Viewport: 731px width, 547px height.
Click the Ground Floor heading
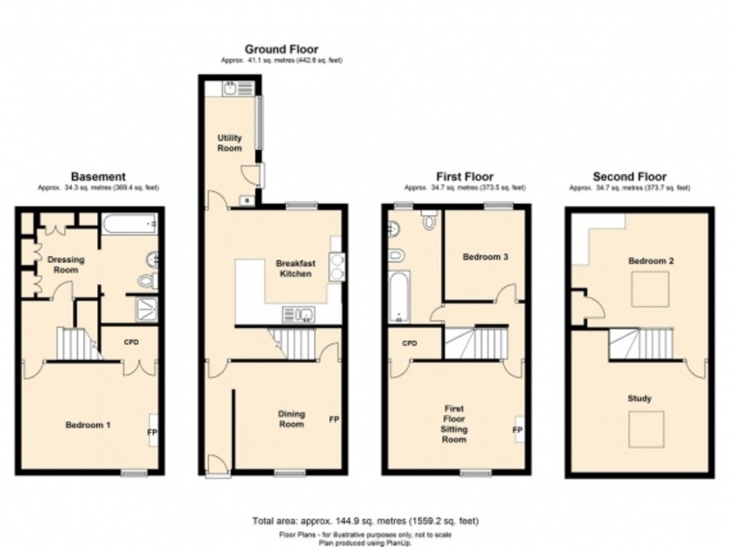pos(281,49)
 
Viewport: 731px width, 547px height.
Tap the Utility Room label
pos(230,143)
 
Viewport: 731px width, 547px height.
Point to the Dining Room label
pos(291,419)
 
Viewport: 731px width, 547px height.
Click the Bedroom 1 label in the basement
pos(88,425)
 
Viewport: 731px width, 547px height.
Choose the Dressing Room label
pos(66,265)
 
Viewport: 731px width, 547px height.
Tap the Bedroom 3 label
pos(485,257)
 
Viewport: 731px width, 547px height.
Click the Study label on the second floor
pos(639,399)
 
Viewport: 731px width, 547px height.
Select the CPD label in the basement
pos(131,342)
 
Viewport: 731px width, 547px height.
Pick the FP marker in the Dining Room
pos(333,419)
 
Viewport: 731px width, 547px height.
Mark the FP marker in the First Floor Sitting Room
pos(518,430)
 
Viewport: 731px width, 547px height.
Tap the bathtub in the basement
pos(129,225)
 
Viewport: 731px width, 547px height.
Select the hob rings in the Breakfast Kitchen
pos(337,265)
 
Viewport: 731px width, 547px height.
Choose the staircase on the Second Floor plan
pos(640,344)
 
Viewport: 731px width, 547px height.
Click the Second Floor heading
pos(630,177)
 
